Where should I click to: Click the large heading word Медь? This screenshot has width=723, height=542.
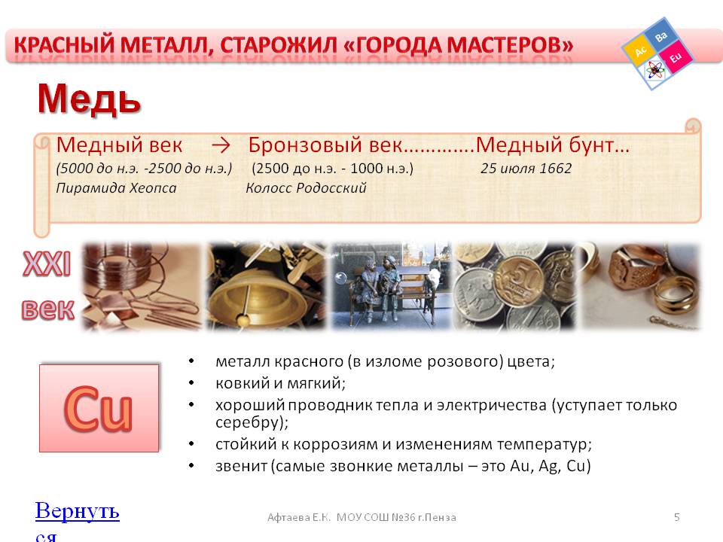coord(89,98)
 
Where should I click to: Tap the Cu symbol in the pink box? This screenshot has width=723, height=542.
coord(98,409)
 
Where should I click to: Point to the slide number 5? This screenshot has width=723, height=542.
coord(676,517)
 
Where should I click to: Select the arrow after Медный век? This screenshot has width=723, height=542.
coord(221,145)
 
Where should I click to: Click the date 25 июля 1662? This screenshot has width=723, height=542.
coord(526,168)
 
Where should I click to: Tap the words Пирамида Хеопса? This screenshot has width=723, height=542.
coord(116,188)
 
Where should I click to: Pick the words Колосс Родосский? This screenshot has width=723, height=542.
coord(306,188)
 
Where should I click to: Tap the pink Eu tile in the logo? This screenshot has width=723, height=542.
coord(676,56)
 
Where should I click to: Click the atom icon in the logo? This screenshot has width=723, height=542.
coord(654,71)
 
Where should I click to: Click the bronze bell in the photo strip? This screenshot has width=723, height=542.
coord(256,297)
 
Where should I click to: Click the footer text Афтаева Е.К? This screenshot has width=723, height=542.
coord(299,517)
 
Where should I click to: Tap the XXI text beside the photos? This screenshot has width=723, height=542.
coord(47,264)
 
